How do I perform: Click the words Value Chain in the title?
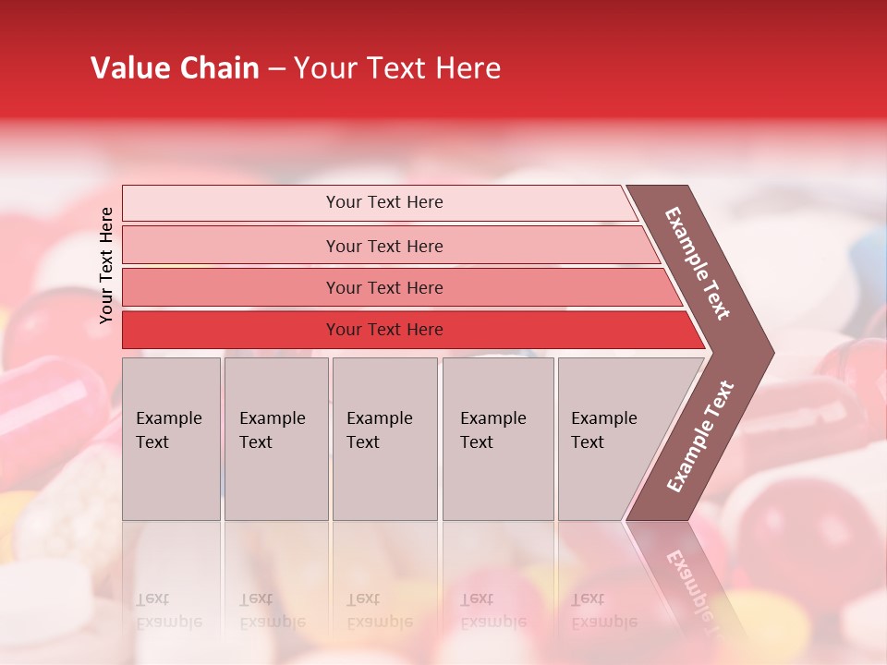pos(175,68)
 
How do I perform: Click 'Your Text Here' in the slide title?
pos(397,68)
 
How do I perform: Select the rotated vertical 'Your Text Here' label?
pos(106,265)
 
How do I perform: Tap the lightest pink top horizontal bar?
pos(384,202)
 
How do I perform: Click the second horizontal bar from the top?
pos(384,246)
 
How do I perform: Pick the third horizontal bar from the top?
pos(384,287)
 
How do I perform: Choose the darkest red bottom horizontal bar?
pos(384,330)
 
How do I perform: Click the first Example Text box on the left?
pos(171,438)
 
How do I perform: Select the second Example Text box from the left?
pos(275,438)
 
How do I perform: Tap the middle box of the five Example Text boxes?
pos(384,438)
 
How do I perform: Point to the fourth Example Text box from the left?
pos(497,438)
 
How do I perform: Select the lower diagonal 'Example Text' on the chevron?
pos(700,436)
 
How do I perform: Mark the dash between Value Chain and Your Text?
pos(276,69)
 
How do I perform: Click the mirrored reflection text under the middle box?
pos(379,611)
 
